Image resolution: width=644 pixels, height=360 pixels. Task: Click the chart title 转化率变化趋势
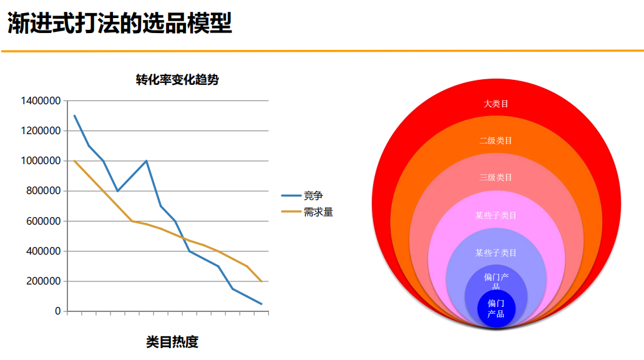point(177,80)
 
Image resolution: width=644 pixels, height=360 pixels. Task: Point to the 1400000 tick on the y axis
point(41,100)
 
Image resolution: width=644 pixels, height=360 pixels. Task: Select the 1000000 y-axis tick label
point(41,161)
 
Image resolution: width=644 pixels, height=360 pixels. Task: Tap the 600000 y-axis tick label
point(43,221)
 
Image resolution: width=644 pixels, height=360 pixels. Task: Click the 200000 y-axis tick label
point(43,281)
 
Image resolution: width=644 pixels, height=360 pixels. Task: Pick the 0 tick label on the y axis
point(57,311)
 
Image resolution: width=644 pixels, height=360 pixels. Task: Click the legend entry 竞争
point(313,196)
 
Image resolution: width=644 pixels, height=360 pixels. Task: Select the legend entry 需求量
point(318,212)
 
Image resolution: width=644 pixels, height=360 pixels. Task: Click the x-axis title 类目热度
point(172,342)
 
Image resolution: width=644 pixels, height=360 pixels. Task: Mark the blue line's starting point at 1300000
point(75,115)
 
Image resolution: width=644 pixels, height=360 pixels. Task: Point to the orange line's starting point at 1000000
point(75,161)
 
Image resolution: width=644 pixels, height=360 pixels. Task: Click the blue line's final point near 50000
point(261,304)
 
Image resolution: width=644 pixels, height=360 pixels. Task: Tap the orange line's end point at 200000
point(261,281)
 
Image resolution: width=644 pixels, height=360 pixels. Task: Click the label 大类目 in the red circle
point(496,104)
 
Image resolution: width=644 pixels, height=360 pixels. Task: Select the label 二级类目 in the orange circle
point(496,141)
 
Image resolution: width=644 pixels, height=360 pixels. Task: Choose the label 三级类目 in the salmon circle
point(496,178)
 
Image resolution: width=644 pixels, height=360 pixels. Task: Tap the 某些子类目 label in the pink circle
point(496,215)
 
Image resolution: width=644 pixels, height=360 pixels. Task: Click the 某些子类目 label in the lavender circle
point(496,253)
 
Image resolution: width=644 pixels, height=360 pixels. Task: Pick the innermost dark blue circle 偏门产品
point(496,309)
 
